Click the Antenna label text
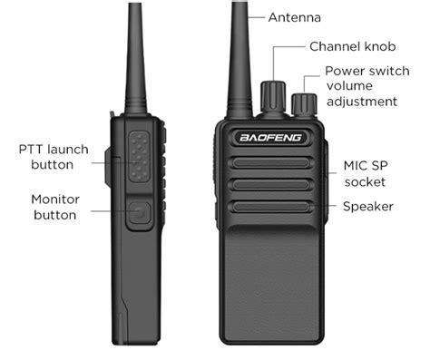tap(294, 17)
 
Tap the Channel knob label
tap(353, 46)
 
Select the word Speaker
tap(368, 207)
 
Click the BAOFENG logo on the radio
tap(271, 138)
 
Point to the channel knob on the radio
tap(273, 97)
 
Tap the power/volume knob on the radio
tap(304, 104)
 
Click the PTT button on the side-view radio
tap(139, 157)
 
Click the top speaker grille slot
tap(271, 163)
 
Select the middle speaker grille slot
tap(271, 185)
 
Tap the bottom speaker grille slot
tap(271, 207)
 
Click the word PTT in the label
tap(31, 150)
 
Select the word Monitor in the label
tap(55, 199)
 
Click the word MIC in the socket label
tap(355, 166)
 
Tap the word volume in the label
tap(349, 86)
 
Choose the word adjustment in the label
tap(362, 102)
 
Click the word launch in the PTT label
tap(68, 150)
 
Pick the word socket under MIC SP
tap(365, 182)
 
